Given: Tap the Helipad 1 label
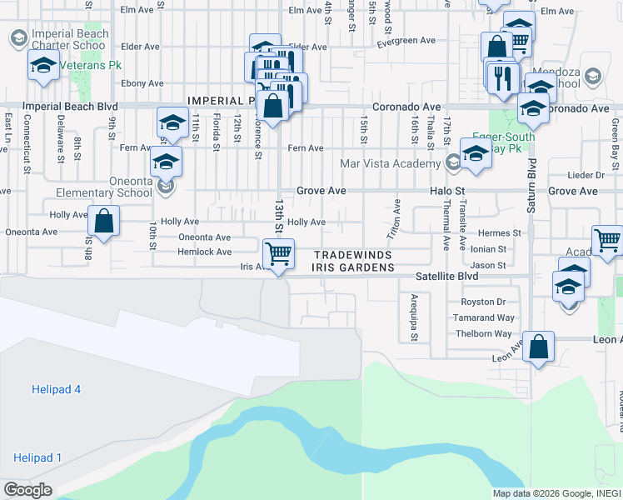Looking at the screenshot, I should [x=37, y=457].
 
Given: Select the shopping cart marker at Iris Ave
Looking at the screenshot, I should [x=279, y=252].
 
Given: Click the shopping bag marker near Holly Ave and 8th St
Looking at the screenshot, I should [x=104, y=222].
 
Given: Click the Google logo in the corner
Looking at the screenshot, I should [x=27, y=490].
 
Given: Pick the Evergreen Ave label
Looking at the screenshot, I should [x=407, y=41].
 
